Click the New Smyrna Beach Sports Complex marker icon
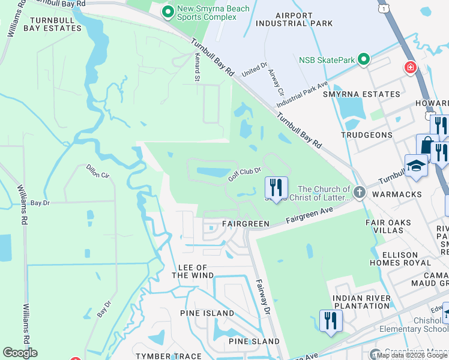pos(169,11)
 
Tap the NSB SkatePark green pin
pos(363,59)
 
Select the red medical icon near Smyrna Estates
pos(411,67)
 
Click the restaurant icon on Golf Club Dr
pos(276,188)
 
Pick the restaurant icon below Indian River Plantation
pos(330,320)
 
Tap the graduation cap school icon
pos(416,166)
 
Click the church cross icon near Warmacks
pos(359,193)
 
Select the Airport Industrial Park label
pos(294,19)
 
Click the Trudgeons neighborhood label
pos(367,135)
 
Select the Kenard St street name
pos(196,70)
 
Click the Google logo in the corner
pos(20,353)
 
